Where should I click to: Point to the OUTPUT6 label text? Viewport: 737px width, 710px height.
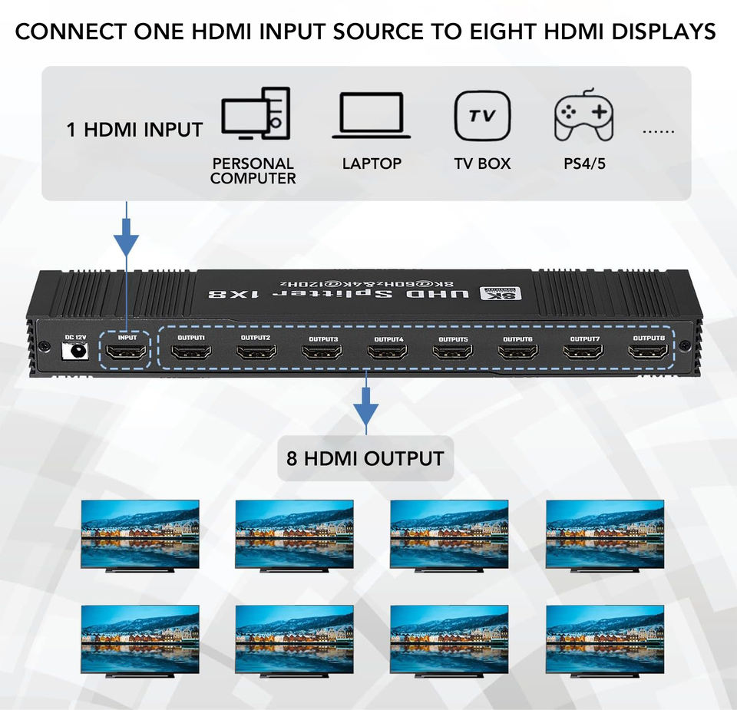point(517,338)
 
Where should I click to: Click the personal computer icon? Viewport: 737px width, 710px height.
point(256,114)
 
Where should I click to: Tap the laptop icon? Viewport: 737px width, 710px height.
point(372,116)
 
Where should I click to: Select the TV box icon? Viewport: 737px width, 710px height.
point(482,116)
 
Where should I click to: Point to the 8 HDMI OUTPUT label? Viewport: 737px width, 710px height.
point(365,459)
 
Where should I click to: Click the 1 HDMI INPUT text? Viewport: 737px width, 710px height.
point(134,130)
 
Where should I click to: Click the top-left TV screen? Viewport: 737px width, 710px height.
point(140,533)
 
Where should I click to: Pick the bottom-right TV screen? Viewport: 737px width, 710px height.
point(605,638)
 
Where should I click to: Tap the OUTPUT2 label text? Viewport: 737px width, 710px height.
point(255,338)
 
